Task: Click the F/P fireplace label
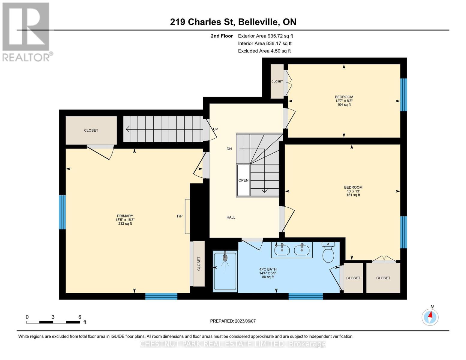(179, 216)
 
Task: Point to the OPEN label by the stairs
(243, 180)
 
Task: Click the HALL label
(231, 217)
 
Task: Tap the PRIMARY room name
(125, 216)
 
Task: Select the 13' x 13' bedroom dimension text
(353, 191)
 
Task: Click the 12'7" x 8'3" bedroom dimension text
(344, 101)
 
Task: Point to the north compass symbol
(430, 317)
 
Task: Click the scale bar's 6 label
(80, 317)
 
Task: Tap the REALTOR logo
(26, 31)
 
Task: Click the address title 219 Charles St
(233, 22)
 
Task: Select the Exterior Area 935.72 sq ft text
(265, 36)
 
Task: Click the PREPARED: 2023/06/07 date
(233, 321)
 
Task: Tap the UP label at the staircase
(215, 129)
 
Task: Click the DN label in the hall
(229, 149)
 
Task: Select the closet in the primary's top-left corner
(91, 130)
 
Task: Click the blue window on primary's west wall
(62, 212)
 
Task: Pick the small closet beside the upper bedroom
(277, 81)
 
